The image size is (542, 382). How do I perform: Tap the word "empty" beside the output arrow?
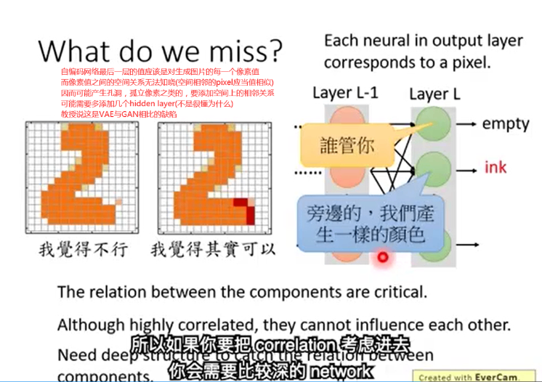[x=506, y=123]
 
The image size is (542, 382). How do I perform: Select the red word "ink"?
[x=496, y=168]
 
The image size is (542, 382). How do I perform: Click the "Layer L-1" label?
[x=344, y=93]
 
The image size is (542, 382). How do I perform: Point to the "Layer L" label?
[x=434, y=94]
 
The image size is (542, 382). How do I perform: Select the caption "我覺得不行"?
[x=83, y=250]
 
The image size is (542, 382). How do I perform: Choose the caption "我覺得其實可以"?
[x=213, y=250]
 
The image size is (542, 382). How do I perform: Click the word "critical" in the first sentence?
[x=398, y=292]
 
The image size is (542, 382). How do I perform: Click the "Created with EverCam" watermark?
[x=477, y=376]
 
